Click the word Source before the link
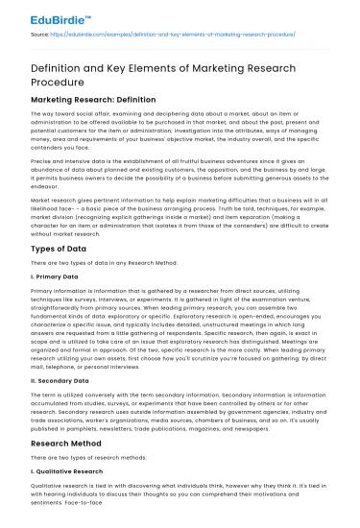point(40,33)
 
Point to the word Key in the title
point(123,65)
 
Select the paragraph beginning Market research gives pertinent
point(179,211)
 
